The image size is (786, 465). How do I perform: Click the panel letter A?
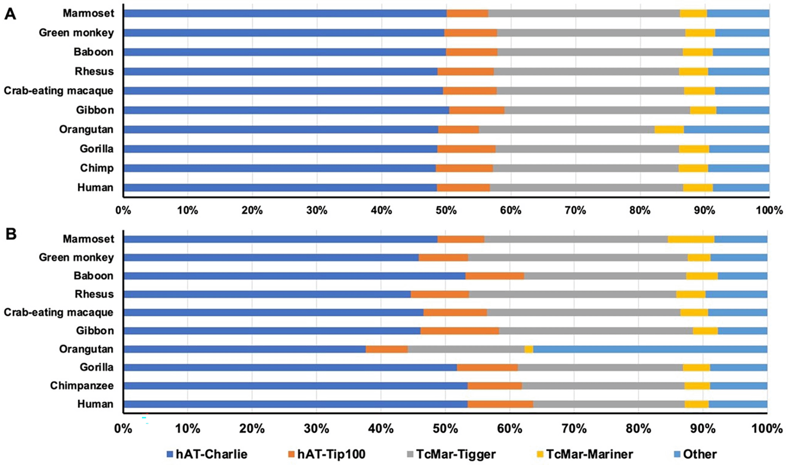[x=10, y=14]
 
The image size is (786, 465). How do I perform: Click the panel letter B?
[x=10, y=234]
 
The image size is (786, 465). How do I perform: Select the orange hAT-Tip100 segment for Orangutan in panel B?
[x=386, y=349]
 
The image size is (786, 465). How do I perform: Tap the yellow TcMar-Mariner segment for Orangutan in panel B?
[x=529, y=349]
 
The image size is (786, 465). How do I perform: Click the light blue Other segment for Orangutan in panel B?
[x=650, y=349]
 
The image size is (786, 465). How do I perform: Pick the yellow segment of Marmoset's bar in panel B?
[x=690, y=239]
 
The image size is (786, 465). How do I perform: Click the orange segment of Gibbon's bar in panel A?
[x=476, y=110]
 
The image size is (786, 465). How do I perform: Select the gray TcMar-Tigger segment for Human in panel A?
[x=586, y=188]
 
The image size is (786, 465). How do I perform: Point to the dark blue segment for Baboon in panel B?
[x=294, y=276]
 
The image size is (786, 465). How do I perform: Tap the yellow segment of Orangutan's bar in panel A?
[x=669, y=130]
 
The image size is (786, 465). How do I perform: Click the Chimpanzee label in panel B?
[x=82, y=386]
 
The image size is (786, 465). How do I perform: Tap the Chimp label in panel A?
[x=97, y=168]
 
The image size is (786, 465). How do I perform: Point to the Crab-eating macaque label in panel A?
[x=59, y=91]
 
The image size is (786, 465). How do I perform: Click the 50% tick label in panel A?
[x=446, y=211]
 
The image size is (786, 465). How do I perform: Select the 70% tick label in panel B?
[x=574, y=429]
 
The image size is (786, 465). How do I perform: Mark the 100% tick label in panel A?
[x=769, y=211]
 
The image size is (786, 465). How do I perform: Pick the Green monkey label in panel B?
[x=76, y=257]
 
